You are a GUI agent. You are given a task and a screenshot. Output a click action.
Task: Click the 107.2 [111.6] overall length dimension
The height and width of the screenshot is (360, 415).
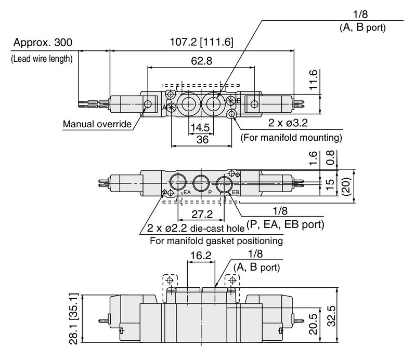click(201, 42)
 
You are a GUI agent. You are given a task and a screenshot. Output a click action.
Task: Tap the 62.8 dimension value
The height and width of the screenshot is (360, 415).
click(202, 61)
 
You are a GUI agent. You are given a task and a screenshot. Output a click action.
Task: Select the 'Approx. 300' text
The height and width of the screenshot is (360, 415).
click(43, 42)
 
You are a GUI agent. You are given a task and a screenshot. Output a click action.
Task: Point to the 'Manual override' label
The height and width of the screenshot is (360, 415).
click(97, 124)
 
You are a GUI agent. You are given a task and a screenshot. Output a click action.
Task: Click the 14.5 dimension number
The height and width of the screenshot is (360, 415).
click(200, 128)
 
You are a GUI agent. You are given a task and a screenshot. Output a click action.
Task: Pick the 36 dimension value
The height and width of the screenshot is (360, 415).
click(202, 140)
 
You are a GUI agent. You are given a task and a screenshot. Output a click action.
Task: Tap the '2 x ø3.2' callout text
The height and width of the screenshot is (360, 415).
click(288, 123)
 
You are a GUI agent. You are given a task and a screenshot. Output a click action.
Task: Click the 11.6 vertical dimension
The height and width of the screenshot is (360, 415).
click(314, 79)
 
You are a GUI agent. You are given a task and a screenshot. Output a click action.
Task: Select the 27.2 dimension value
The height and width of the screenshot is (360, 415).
click(202, 214)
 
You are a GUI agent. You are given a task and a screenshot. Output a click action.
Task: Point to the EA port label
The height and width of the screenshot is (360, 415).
click(187, 192)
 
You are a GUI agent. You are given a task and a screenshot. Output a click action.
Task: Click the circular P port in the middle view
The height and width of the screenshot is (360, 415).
click(201, 183)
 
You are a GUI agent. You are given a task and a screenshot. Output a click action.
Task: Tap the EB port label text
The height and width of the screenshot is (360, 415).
click(235, 192)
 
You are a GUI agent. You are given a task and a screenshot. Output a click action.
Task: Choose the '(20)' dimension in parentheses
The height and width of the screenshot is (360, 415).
click(346, 186)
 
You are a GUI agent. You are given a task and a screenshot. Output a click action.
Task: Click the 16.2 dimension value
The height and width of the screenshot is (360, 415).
click(201, 256)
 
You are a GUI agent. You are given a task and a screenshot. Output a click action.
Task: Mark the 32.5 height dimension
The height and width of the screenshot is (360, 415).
click(332, 316)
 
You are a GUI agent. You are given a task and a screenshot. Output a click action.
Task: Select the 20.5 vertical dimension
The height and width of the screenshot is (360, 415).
click(314, 324)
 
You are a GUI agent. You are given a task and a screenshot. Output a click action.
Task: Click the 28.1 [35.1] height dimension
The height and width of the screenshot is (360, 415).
click(74, 318)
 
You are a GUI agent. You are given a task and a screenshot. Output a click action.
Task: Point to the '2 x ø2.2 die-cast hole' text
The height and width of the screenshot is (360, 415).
click(196, 229)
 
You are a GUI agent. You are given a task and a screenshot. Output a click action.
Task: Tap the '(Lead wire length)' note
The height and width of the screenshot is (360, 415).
click(42, 58)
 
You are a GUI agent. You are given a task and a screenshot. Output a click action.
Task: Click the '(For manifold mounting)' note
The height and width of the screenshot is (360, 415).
click(291, 138)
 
